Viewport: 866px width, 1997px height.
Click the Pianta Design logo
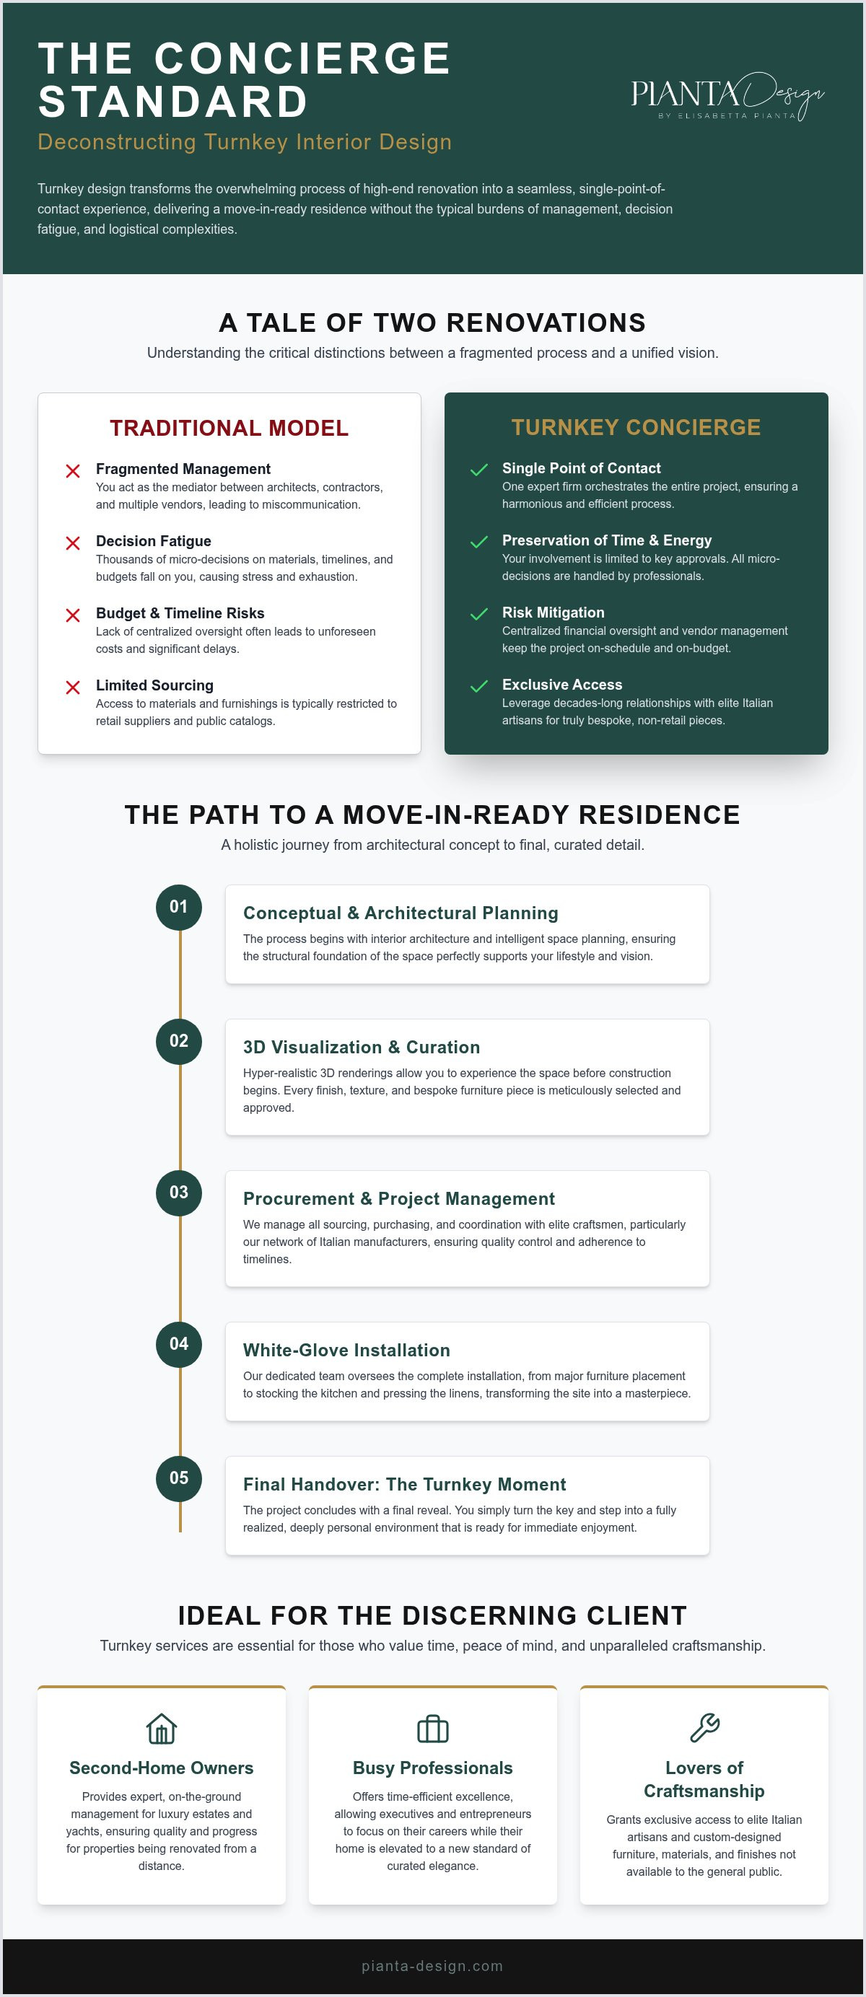tap(727, 97)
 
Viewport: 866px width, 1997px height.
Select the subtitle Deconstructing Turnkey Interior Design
tap(245, 142)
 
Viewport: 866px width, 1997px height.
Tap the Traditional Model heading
tap(229, 428)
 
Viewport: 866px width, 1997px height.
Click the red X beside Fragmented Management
tap(73, 471)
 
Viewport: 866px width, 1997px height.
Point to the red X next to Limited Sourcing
tap(73, 688)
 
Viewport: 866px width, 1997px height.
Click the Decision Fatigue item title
tap(154, 541)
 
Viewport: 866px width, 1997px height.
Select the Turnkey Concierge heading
tap(636, 427)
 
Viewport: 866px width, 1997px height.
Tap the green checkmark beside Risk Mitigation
tap(479, 614)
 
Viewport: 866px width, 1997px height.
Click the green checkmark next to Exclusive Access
tap(479, 686)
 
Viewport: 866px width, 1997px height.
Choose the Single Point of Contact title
tap(582, 468)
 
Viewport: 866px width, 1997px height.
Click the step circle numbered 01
tap(179, 907)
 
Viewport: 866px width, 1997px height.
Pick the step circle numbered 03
tap(179, 1193)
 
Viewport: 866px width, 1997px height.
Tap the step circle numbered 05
tap(179, 1478)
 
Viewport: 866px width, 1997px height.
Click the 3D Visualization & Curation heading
tap(362, 1048)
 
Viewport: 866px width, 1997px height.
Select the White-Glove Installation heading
tap(346, 1351)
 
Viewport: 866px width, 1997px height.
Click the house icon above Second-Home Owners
tap(161, 1729)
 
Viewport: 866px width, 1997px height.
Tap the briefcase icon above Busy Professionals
tap(432, 1729)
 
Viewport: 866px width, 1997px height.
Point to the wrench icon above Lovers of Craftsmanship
tap(704, 1728)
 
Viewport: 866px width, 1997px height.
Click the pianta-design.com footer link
tap(432, 1966)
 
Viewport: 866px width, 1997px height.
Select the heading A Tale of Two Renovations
tap(432, 322)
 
